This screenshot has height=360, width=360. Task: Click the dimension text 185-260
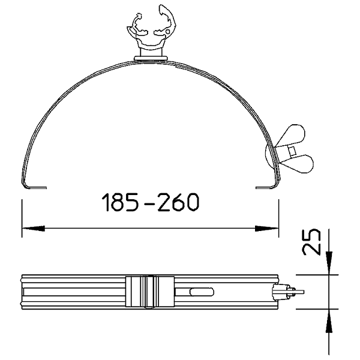pyautogui.click(x=151, y=202)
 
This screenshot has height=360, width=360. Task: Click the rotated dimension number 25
pyautogui.click(x=311, y=242)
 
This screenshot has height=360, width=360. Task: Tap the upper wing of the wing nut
pyautogui.click(x=292, y=136)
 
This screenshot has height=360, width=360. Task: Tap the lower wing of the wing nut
pyautogui.click(x=298, y=163)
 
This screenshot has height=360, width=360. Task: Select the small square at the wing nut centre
pyautogui.click(x=292, y=151)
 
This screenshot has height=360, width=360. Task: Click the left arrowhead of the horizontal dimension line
pyautogui.click(x=33, y=229)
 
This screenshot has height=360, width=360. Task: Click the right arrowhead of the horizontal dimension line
pyautogui.click(x=267, y=229)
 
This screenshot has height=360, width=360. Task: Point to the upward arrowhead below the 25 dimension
pyautogui.click(x=329, y=320)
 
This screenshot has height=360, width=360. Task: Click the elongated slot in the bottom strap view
pyautogui.click(x=202, y=292)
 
